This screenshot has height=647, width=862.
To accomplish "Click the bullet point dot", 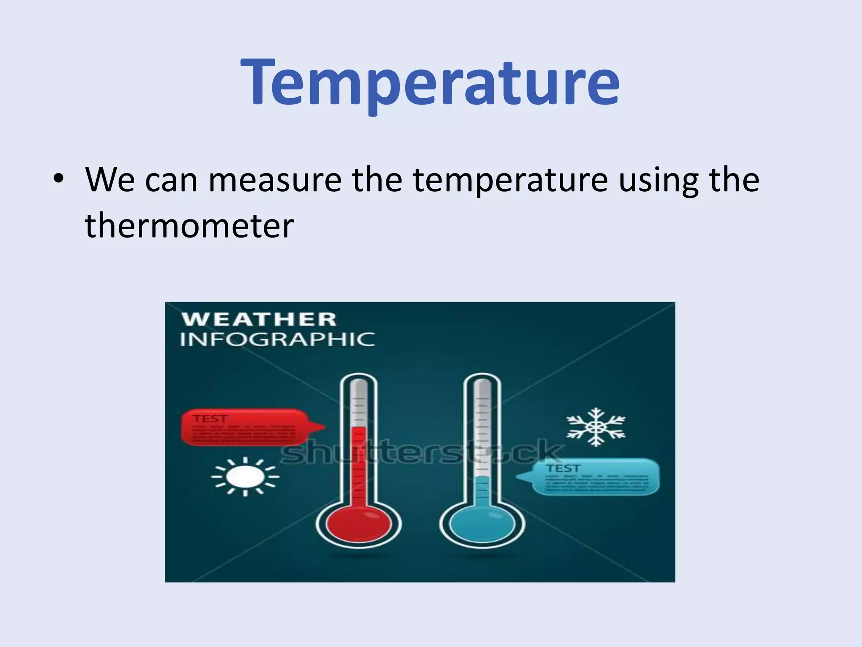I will (x=59, y=179).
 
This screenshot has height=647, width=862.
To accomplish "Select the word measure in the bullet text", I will (x=275, y=180).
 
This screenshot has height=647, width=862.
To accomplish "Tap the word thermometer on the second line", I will (x=189, y=226).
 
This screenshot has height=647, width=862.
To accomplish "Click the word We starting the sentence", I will (x=110, y=180).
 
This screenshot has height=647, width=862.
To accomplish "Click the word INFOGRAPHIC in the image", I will (x=277, y=340).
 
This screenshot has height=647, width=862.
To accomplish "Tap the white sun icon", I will (x=245, y=476).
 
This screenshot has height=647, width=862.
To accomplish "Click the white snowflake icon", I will (x=595, y=427).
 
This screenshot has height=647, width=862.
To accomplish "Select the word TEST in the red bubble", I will (x=210, y=418).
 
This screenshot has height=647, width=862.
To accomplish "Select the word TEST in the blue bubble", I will (x=563, y=468).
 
